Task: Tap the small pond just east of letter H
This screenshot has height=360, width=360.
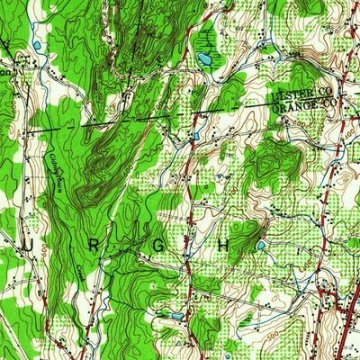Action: (x=261, y=245)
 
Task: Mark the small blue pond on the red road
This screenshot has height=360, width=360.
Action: (x=195, y=137)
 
